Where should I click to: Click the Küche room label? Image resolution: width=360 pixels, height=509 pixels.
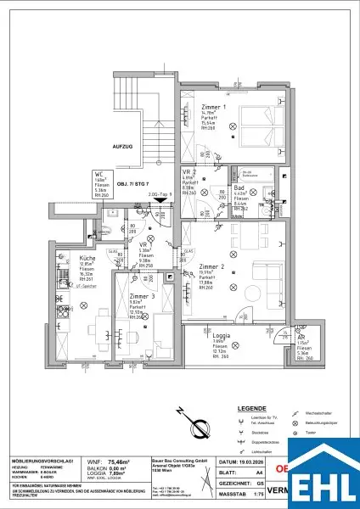(x=65, y=256)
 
